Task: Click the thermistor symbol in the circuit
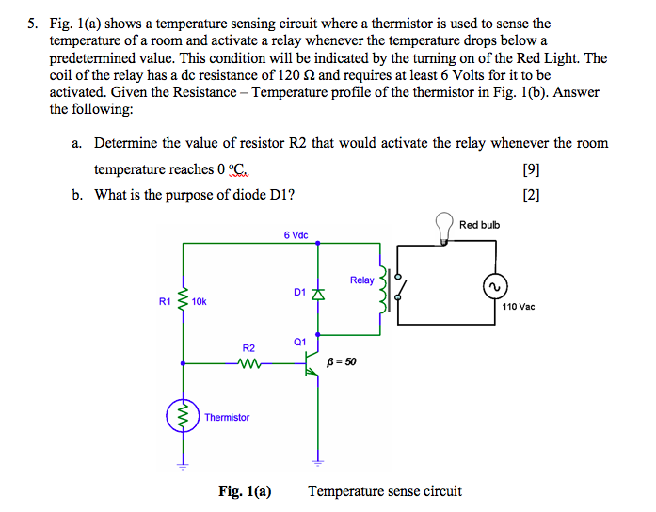(x=182, y=415)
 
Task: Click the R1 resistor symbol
(x=182, y=301)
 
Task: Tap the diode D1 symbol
(x=317, y=295)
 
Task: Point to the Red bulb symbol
(x=444, y=227)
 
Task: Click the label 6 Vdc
(x=296, y=234)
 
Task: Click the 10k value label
(x=199, y=302)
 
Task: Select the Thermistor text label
(x=227, y=417)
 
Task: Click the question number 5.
(x=32, y=23)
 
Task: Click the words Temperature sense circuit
(x=385, y=490)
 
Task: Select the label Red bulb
(x=480, y=225)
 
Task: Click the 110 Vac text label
(x=518, y=307)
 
